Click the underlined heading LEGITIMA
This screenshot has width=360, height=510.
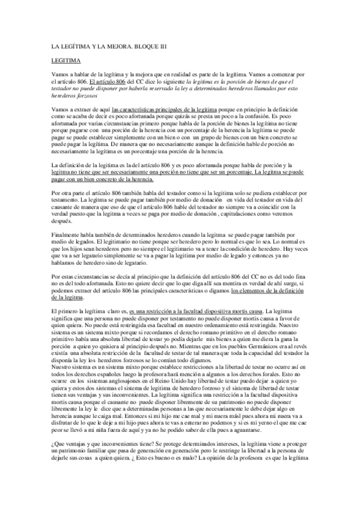coord(63,61)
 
